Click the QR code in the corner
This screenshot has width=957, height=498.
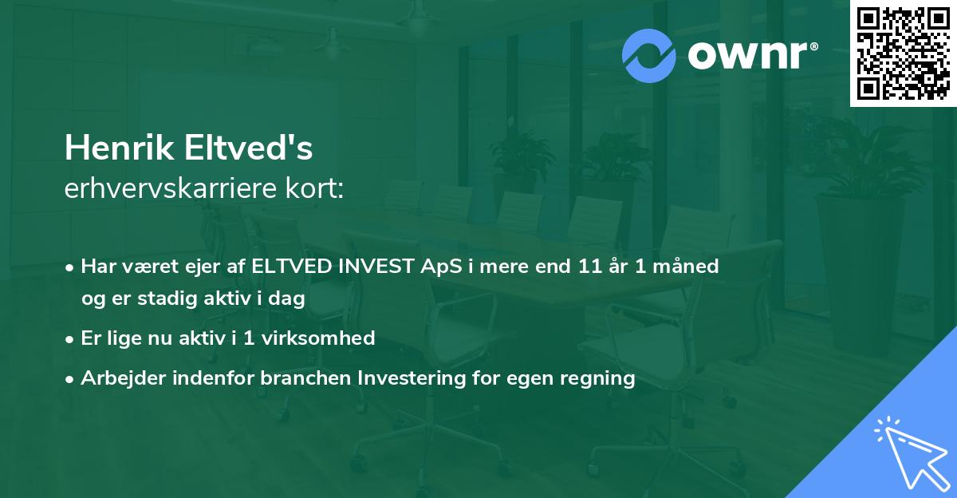point(903,53)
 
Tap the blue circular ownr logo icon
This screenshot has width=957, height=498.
point(649,56)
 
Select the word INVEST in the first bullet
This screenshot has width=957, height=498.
point(374,267)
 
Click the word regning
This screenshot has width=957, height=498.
point(600,378)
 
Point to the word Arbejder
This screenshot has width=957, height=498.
point(118,378)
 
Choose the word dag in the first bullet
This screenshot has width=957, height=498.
point(289,298)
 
